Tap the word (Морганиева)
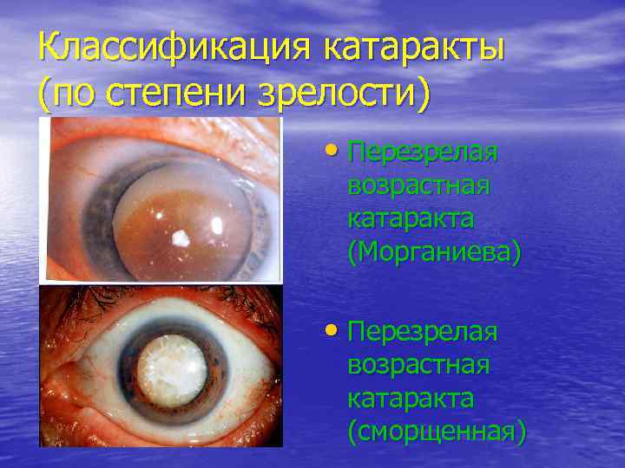(434, 252)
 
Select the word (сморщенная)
(437, 431)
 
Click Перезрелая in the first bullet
(423, 153)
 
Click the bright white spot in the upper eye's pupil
(182, 237)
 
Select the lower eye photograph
(161, 365)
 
